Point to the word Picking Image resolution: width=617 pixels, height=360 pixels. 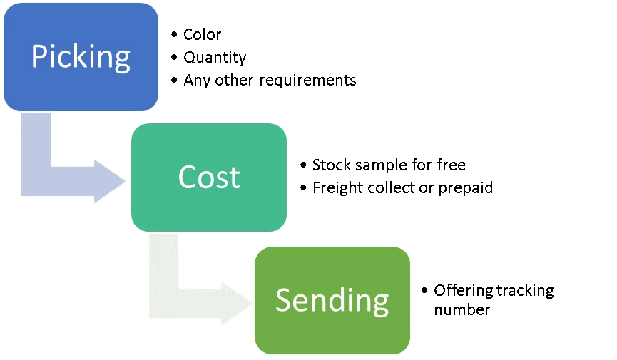[81, 56]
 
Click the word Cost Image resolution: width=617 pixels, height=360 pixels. [209, 177]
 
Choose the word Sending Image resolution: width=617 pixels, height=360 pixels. [332, 300]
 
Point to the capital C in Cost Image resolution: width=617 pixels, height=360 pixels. [188, 177]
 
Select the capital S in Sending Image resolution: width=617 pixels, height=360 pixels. [284, 300]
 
